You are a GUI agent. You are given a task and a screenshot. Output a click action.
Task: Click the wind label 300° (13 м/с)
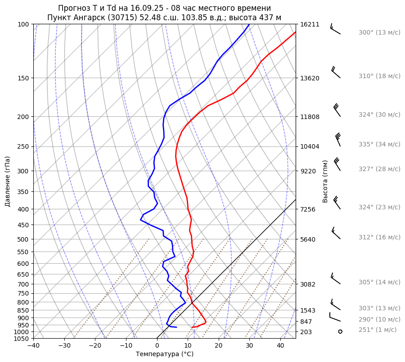click(379, 33)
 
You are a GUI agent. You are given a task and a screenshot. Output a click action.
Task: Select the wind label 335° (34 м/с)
click(379, 144)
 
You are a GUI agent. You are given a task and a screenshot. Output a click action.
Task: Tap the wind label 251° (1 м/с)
click(378, 330)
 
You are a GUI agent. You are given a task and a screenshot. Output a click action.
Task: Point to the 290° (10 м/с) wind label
click(379, 319)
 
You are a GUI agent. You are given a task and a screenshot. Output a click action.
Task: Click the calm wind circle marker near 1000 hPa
click(340, 331)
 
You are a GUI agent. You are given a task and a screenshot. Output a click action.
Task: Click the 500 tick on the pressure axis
click(23, 239)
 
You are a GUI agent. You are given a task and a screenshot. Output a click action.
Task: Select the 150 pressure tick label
click(23, 78)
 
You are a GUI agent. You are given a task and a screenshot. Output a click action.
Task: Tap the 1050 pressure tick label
click(22, 339)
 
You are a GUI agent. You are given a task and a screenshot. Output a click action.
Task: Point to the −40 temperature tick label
click(33, 346)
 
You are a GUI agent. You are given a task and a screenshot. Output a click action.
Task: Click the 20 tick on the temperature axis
click(218, 346)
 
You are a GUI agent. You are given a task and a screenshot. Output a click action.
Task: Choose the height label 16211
click(310, 24)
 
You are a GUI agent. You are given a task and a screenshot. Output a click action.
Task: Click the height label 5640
click(308, 239)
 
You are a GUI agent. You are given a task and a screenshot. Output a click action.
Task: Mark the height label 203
click(306, 332)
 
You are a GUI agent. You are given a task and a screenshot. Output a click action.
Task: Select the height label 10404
click(310, 146)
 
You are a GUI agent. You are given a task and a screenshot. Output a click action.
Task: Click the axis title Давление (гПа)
click(8, 181)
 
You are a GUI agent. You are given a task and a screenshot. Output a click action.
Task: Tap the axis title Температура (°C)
click(165, 354)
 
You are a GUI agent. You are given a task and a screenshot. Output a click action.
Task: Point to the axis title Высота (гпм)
click(325, 181)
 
